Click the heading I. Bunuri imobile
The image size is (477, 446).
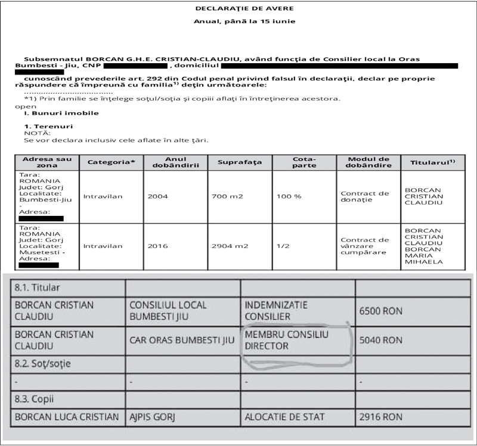coord(61,113)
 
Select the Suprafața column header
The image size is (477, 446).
coord(240,162)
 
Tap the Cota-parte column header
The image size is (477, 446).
coord(303,162)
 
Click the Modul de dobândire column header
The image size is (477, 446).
coord(368,162)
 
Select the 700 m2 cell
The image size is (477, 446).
coord(226,195)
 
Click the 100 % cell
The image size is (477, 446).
coord(289,195)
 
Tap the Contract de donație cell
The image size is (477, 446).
coord(364,196)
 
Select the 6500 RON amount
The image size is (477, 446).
coord(380,311)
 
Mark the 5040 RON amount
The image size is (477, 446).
coord(380,340)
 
